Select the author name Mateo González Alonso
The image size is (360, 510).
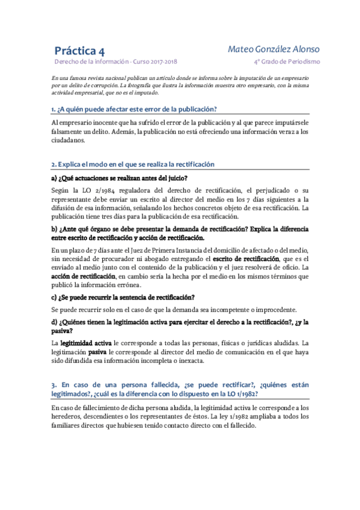click(274, 49)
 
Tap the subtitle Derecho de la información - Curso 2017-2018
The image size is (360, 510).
click(115, 62)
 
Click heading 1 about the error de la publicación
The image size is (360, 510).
click(133, 109)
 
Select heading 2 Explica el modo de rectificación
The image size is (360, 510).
click(132, 164)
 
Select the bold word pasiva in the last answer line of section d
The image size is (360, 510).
click(97, 351)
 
